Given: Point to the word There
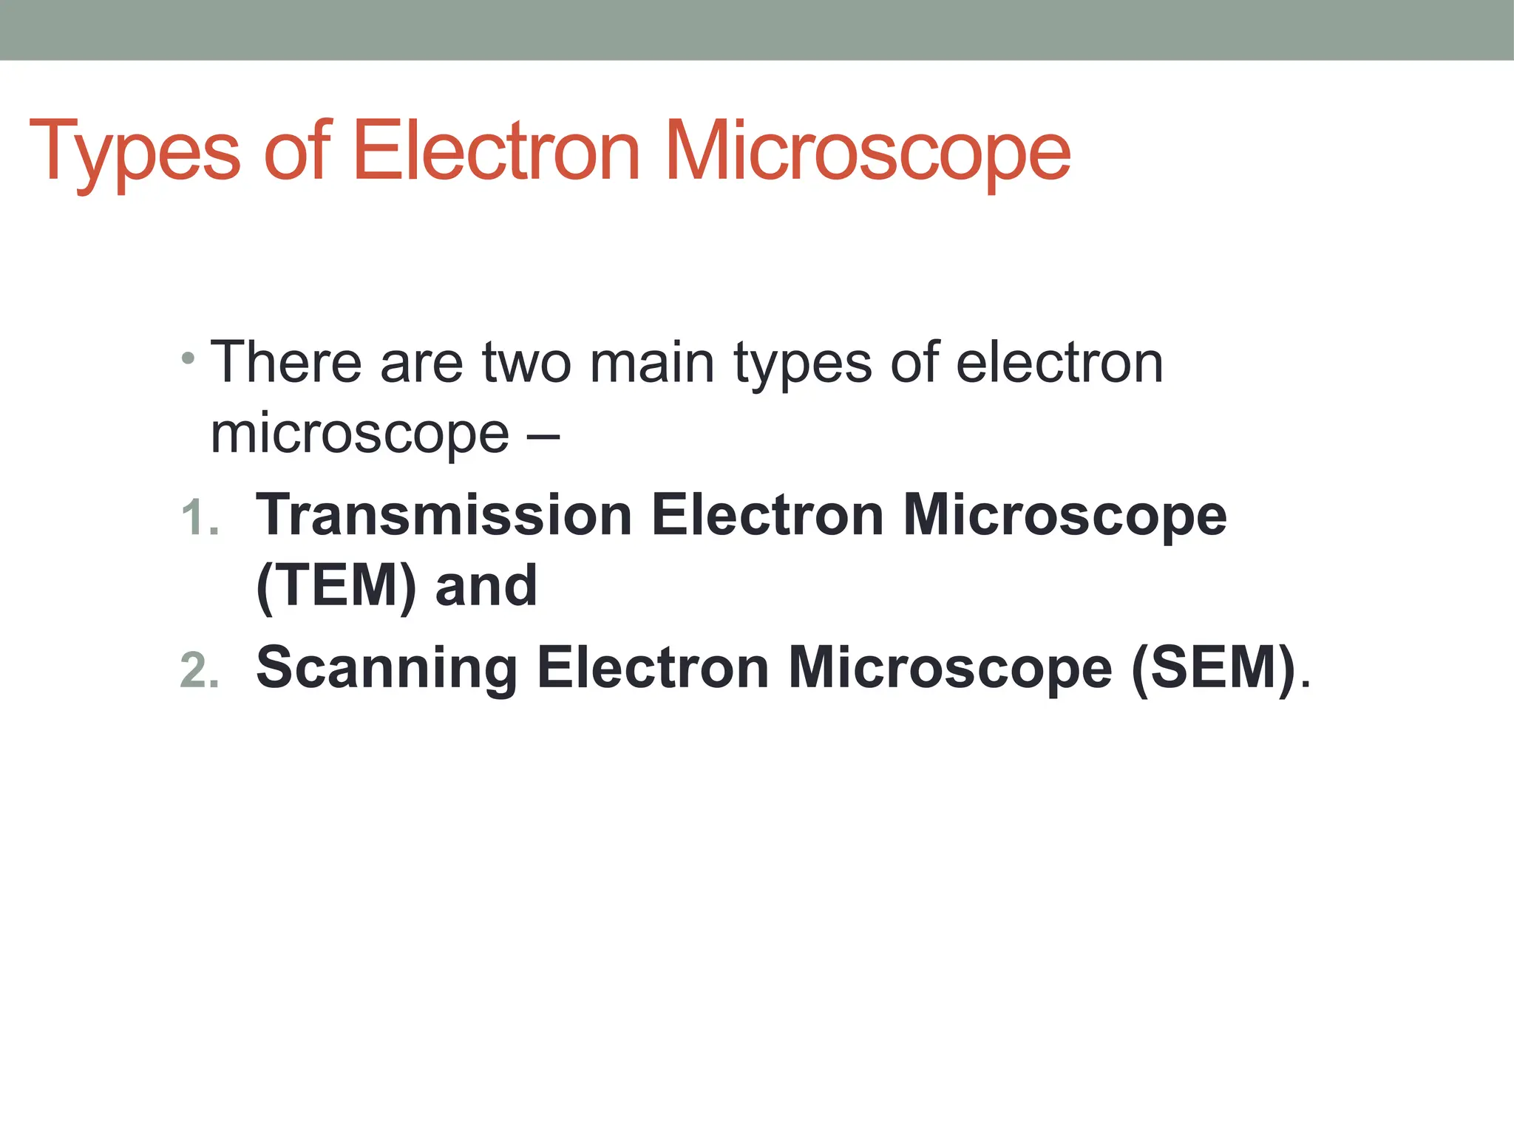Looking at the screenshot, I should (x=286, y=363).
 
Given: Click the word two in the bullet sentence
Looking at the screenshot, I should (x=526, y=363).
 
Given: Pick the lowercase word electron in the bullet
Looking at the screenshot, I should (x=1059, y=363).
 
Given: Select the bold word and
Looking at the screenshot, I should (x=486, y=586).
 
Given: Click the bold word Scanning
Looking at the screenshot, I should (x=386, y=668).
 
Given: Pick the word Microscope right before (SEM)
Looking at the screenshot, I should (x=950, y=668).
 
